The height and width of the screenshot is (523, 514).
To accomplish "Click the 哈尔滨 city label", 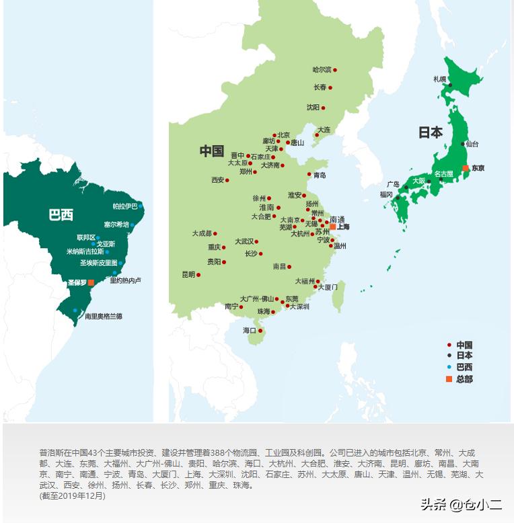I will click(322, 70).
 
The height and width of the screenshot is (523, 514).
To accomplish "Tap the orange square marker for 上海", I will click(332, 227).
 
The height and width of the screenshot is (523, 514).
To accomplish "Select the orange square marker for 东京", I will click(465, 168).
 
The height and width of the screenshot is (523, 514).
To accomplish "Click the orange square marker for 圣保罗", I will click(91, 283).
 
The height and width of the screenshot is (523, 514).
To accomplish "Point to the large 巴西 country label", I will click(61, 215).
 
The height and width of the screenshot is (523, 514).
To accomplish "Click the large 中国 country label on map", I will click(211, 151).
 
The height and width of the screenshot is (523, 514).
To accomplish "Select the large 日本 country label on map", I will click(431, 132).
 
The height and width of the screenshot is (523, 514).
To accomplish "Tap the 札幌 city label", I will click(439, 79).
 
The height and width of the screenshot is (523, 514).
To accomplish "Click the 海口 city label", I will click(249, 330).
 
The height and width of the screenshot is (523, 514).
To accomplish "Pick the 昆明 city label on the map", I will click(188, 274).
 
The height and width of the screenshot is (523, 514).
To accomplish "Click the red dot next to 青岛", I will click(309, 175).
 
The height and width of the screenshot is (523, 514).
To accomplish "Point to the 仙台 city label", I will click(472, 144).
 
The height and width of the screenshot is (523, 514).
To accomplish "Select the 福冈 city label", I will click(386, 194).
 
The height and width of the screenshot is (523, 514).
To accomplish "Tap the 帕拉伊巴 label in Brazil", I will click(124, 206).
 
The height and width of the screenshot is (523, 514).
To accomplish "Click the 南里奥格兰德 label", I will click(103, 316).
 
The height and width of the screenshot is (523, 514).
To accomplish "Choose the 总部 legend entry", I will click(464, 379).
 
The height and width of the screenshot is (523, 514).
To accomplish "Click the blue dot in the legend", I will click(449, 367).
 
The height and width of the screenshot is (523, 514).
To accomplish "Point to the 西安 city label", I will click(217, 180).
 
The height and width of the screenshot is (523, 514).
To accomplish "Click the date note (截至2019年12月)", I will click(72, 496).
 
